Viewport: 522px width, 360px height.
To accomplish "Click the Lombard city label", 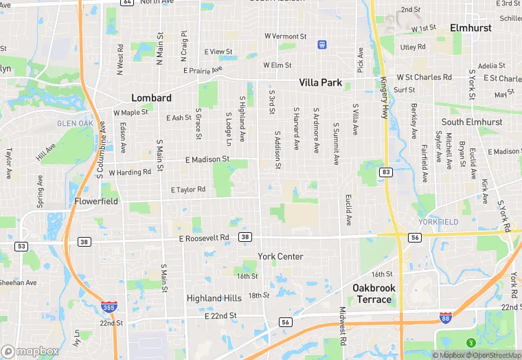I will coord(151,98).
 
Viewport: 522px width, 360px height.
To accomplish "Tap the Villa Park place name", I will coord(320,82).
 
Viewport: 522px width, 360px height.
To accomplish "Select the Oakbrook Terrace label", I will coord(374,293).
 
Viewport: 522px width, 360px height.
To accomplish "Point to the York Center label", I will coord(280,256).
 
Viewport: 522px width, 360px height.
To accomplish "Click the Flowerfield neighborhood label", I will coord(96,201).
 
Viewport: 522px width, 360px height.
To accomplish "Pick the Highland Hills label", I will coord(214,298).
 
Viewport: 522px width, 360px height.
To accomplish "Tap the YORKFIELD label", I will coord(438,222).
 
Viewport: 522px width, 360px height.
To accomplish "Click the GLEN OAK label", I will coord(74,124).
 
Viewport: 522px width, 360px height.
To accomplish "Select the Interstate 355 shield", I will coord(108,307).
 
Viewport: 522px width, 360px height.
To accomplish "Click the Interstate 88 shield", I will coord(446,317).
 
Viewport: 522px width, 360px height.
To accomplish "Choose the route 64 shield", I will coord(126,2).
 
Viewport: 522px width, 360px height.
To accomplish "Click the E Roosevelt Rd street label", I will coord(203,238).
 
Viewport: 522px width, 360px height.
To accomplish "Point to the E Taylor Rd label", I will coord(188,190).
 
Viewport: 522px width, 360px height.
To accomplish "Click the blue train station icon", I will coord(321,45).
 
